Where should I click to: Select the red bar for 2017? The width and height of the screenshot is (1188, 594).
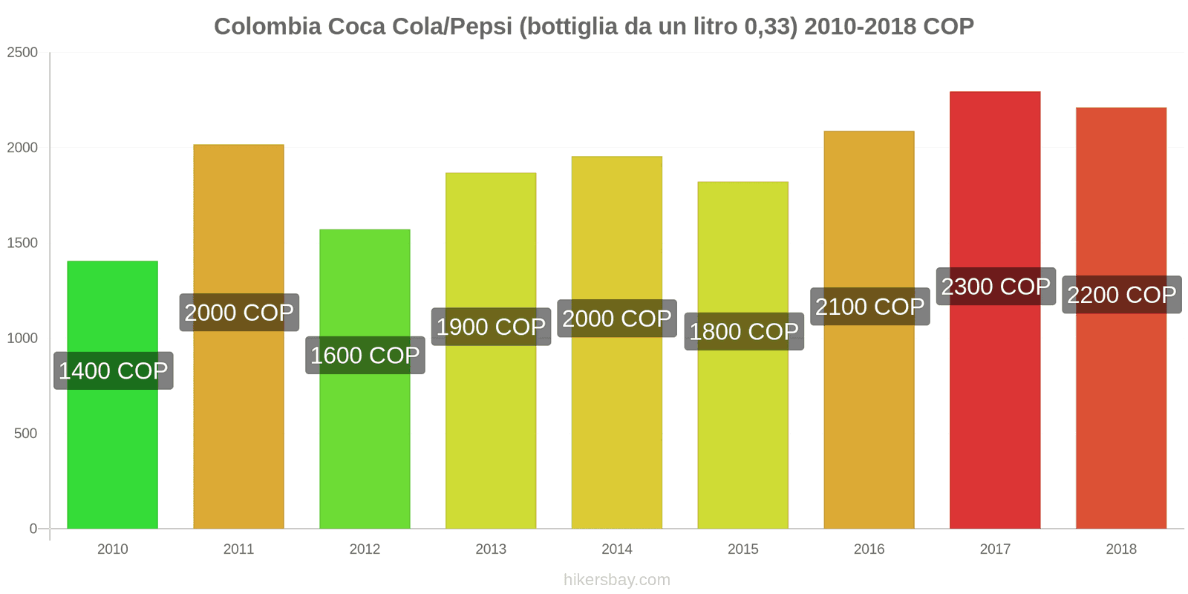tap(995, 416)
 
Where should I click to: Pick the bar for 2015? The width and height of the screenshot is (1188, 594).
tap(742, 446)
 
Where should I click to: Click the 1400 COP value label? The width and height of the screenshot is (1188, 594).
tap(114, 371)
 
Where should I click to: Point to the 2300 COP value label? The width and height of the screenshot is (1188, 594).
tap(996, 287)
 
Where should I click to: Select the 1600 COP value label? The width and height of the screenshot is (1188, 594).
tap(365, 356)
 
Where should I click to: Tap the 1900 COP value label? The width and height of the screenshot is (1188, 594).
tap(491, 327)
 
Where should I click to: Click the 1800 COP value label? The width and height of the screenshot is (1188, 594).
tap(744, 331)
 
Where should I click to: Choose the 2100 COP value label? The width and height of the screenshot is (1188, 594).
tap(869, 307)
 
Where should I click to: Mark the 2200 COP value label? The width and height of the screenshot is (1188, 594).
tap(1121, 295)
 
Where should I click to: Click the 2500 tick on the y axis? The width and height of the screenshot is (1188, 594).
tap(22, 53)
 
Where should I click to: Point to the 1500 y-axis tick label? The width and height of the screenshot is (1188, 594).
tap(22, 243)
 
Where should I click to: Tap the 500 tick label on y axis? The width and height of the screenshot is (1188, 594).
tap(25, 434)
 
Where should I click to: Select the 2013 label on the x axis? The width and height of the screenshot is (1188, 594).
tap(491, 549)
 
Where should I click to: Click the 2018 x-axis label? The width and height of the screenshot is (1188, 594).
tap(1121, 549)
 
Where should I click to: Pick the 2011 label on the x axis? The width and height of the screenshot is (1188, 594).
tap(238, 549)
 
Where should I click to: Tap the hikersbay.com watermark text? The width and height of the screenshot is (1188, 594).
tap(616, 580)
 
